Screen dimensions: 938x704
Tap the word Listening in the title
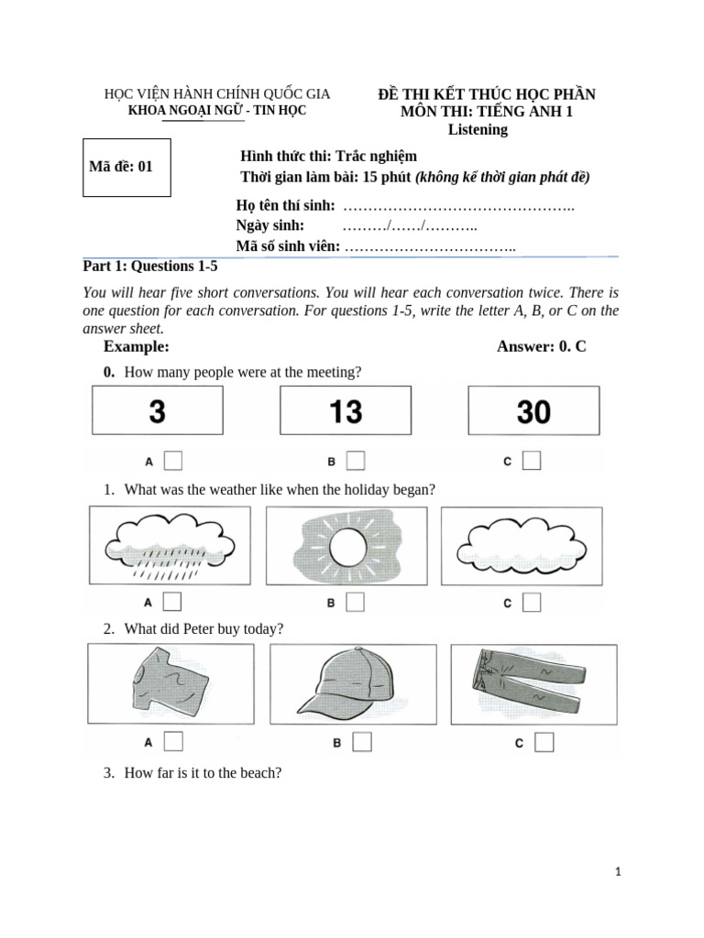pyautogui.click(x=478, y=129)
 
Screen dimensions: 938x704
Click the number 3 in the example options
pyautogui.click(x=157, y=411)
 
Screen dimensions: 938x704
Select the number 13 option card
pyautogui.click(x=346, y=411)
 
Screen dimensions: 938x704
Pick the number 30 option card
pyautogui.click(x=533, y=411)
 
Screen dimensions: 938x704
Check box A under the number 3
pyautogui.click(x=172, y=460)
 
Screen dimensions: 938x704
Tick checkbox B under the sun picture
pyautogui.click(x=355, y=602)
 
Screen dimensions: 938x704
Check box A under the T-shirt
pyautogui.click(x=172, y=741)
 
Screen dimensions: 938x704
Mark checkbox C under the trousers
pyautogui.click(x=544, y=742)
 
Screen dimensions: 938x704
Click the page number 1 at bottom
pyautogui.click(x=619, y=873)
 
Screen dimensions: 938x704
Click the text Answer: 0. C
pyautogui.click(x=541, y=346)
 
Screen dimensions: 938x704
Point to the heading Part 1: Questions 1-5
pyautogui.click(x=150, y=267)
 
